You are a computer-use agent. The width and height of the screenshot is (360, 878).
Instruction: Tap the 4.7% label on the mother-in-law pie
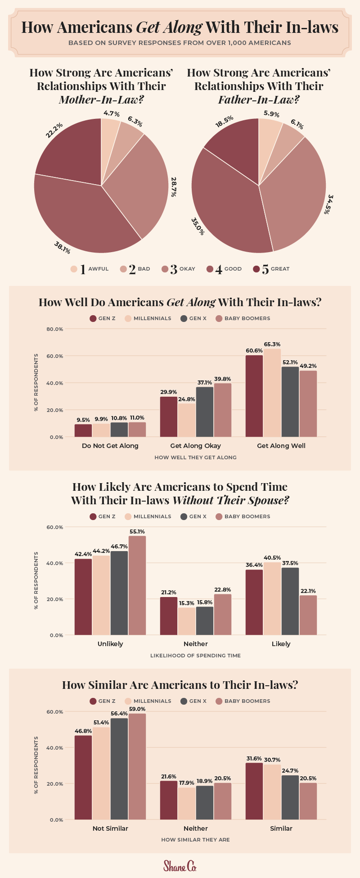111,113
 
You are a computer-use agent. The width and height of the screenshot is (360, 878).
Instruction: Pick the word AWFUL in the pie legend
99,269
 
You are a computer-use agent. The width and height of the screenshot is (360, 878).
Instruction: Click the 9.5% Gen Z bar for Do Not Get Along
83,430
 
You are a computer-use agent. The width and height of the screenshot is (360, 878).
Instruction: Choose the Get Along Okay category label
196,446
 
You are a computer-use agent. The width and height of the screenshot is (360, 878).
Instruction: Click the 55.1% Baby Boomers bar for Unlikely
137,585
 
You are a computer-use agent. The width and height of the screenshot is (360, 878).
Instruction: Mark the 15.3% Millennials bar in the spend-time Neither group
187,621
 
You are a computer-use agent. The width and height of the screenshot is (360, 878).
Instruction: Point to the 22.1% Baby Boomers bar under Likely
308,615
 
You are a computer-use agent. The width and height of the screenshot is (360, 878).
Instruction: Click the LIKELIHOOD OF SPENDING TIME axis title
196,656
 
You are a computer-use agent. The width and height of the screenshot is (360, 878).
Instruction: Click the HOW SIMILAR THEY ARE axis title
196,840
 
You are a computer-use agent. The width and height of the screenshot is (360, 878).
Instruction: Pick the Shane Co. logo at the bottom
180,866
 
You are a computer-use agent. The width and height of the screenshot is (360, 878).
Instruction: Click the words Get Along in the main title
169,27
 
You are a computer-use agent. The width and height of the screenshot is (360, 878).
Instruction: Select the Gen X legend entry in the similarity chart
193,701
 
